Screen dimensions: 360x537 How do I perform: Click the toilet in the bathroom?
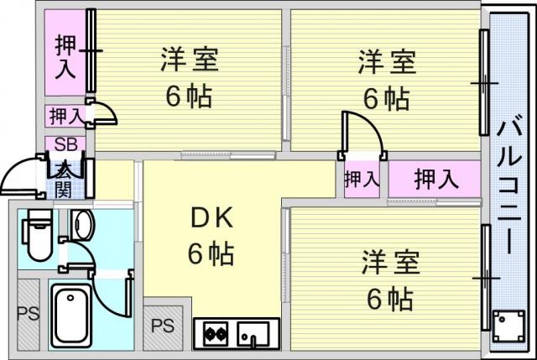point(38,236)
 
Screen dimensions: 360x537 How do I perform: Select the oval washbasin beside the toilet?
point(82,226)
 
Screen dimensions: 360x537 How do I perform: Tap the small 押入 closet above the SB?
point(64,115)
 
